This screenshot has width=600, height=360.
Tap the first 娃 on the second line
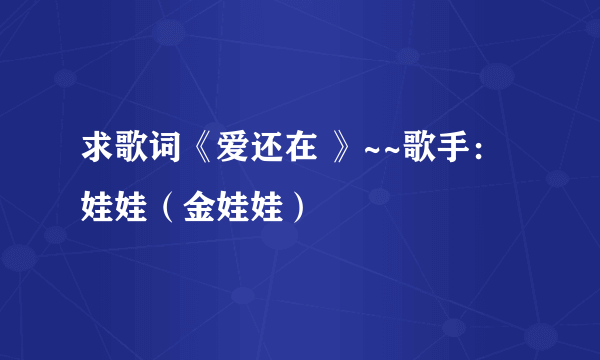click(97, 210)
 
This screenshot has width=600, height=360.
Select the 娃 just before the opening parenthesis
click(129, 210)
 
